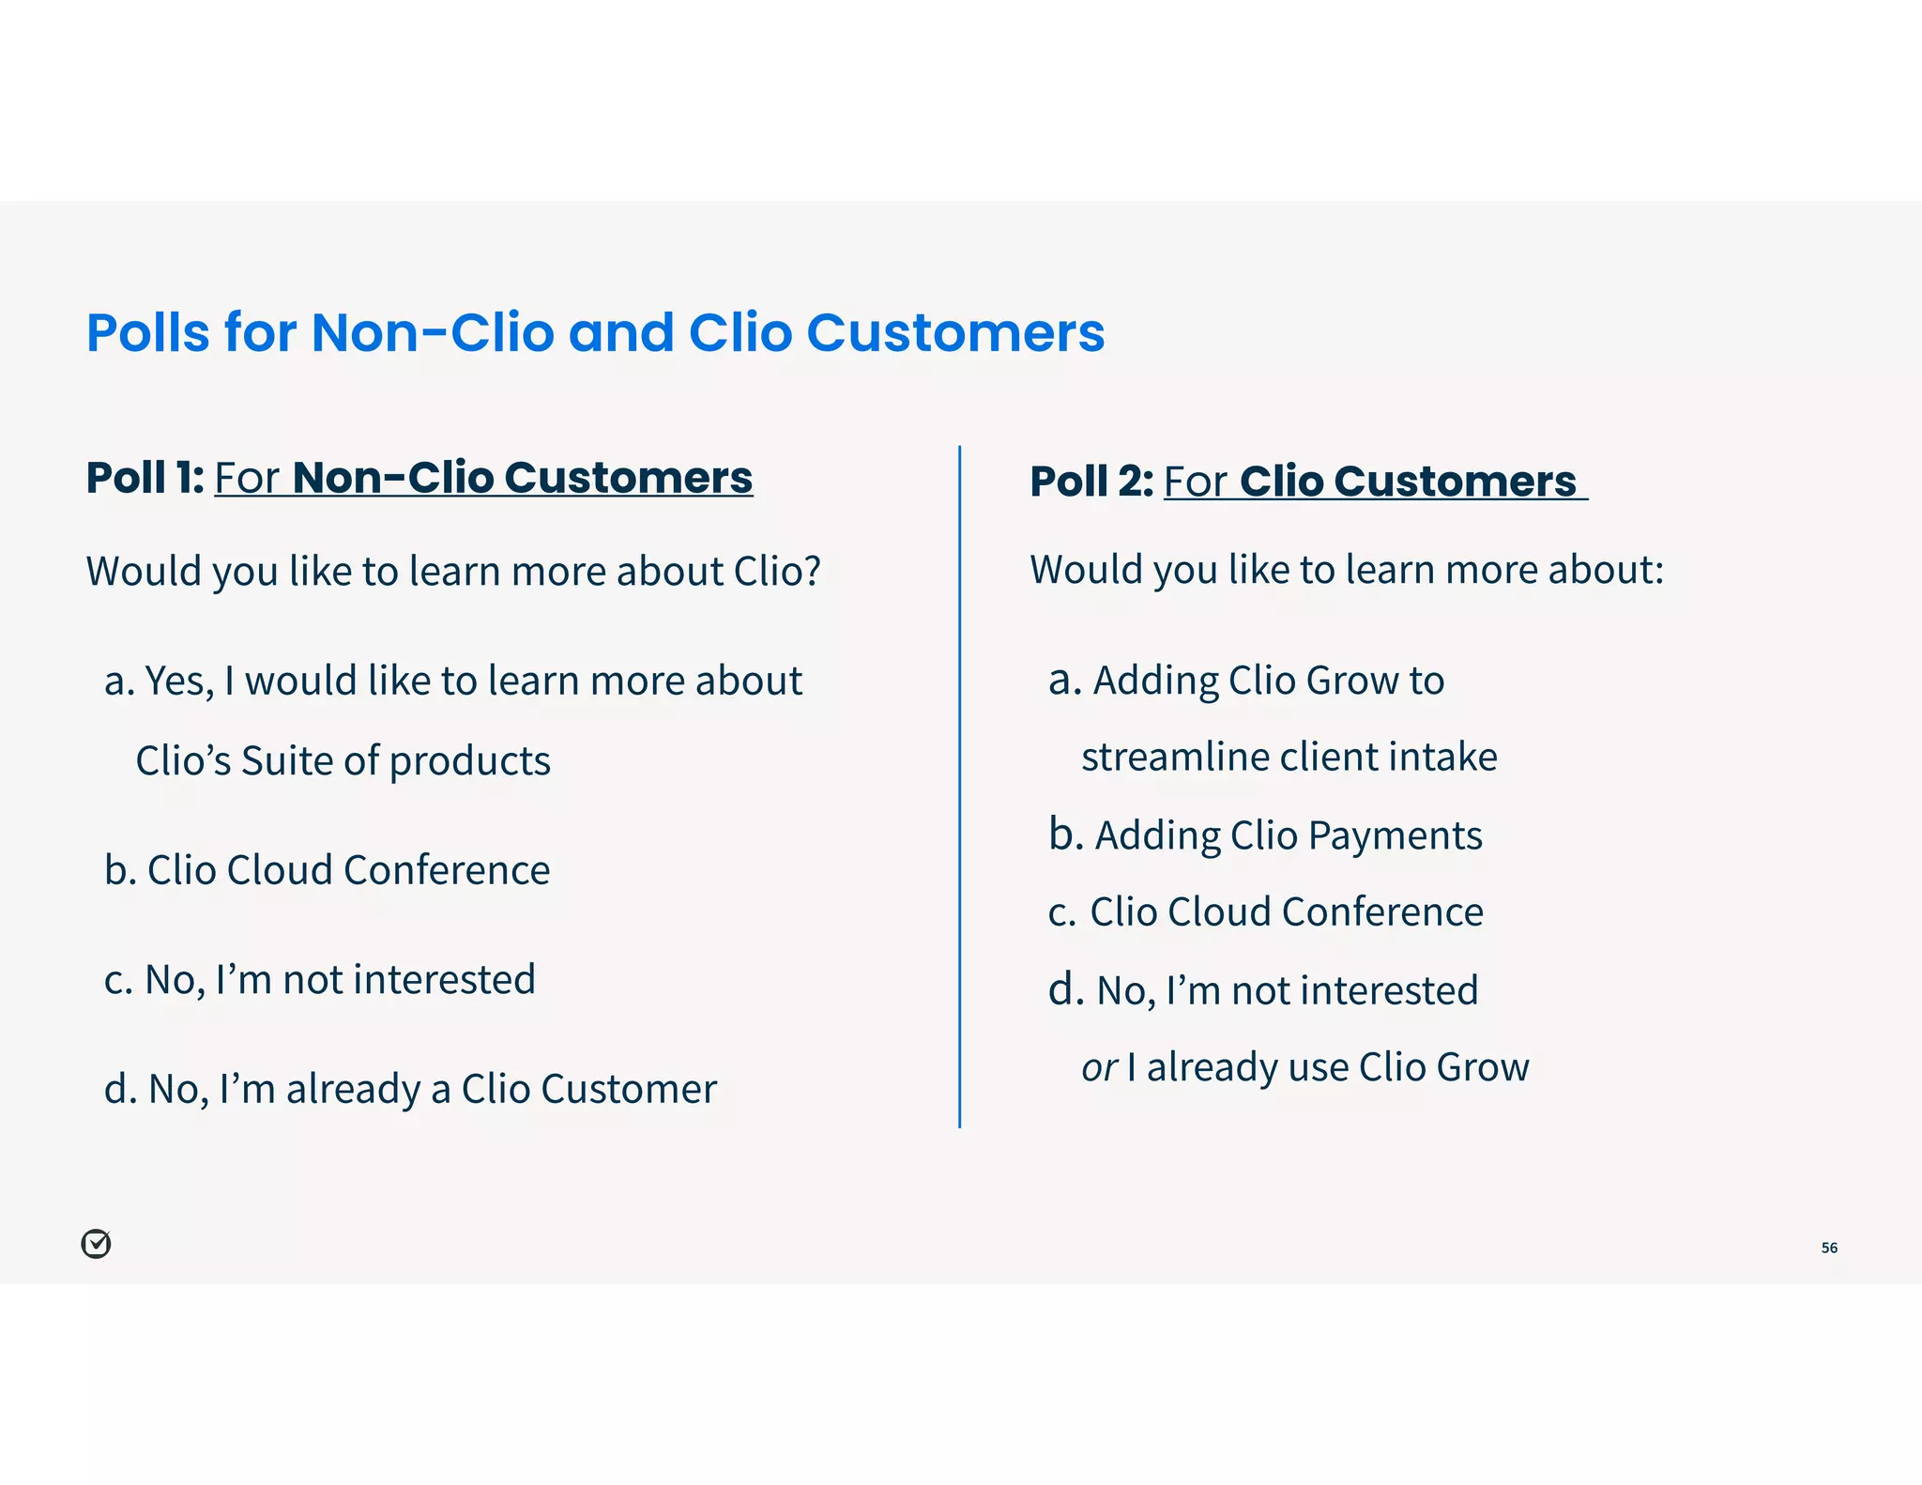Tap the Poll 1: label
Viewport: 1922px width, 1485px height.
click(145, 478)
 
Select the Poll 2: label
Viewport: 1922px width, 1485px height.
click(1091, 482)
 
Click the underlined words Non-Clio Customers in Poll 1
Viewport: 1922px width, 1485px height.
click(522, 478)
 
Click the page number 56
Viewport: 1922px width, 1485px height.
click(1829, 1248)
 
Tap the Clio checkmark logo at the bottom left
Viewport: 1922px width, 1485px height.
click(96, 1244)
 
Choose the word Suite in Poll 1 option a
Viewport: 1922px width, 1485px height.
click(287, 761)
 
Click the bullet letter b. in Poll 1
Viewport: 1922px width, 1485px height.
click(120, 870)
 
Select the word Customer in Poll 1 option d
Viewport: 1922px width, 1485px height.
click(628, 1090)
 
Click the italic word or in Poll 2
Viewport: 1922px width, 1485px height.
click(1098, 1068)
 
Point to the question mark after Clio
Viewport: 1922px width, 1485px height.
click(811, 571)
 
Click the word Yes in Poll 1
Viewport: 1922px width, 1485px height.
click(177, 681)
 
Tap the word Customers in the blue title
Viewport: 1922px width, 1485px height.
click(955, 333)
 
